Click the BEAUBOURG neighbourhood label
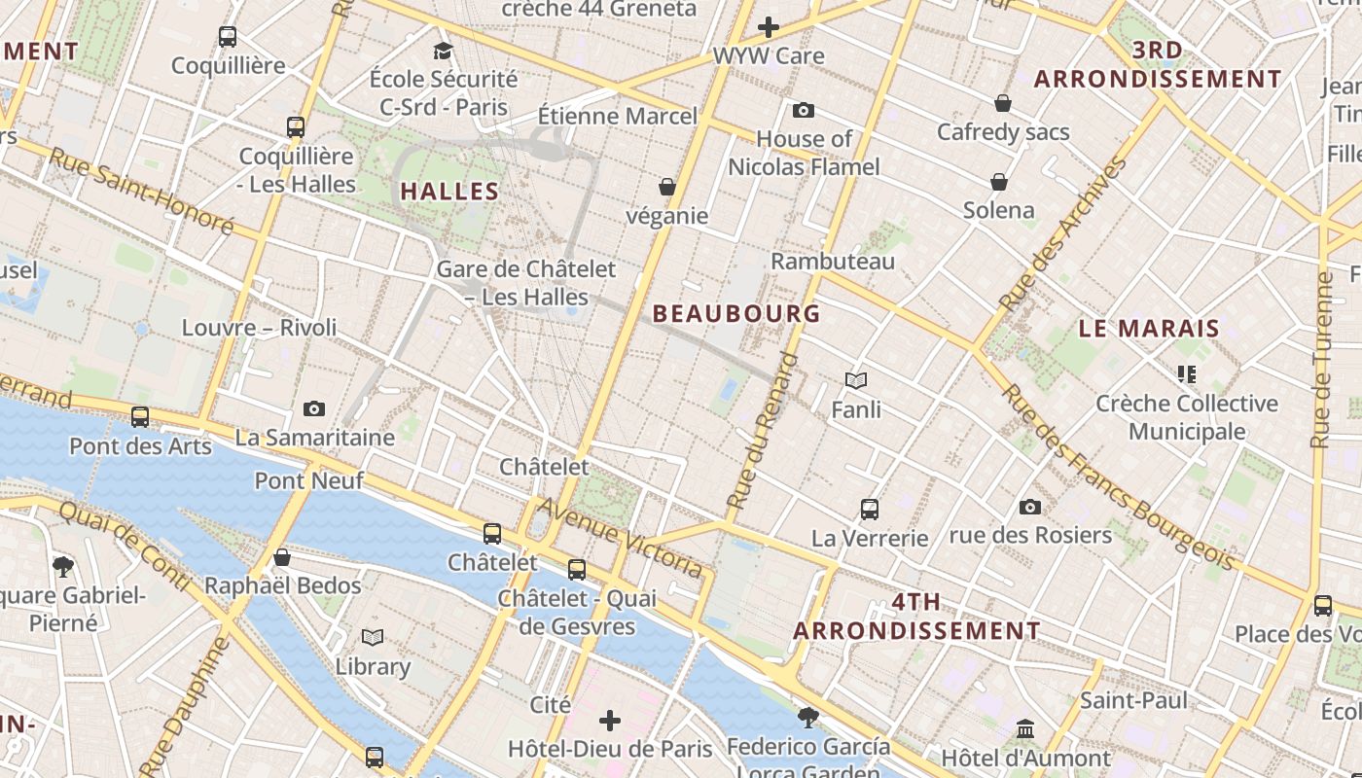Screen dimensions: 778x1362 point(736,313)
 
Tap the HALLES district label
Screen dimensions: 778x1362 point(449,192)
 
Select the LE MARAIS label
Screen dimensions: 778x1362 point(1149,329)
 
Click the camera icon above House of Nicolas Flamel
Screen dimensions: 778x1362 point(804,110)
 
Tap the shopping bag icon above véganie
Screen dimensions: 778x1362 point(667,186)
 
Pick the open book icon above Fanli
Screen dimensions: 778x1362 point(856,380)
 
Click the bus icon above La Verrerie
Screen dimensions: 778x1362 point(870,509)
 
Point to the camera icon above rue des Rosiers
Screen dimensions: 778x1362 point(1030,507)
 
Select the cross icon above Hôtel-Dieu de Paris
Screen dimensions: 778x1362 point(610,721)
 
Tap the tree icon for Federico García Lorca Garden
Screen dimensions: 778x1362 point(807,718)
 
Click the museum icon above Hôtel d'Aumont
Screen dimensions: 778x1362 point(1025,728)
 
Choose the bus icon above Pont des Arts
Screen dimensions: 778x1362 point(140,417)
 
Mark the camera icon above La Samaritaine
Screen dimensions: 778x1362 point(314,408)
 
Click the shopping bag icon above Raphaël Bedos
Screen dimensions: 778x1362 point(282,557)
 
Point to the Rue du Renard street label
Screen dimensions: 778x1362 point(762,431)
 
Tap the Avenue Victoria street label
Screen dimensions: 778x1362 point(620,537)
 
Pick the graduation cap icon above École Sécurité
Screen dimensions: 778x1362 point(444,51)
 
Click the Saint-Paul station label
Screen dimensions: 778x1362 point(1133,700)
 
